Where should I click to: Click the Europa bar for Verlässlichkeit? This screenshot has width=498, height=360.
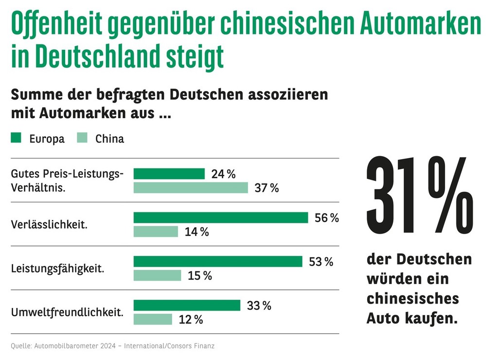point(221,217)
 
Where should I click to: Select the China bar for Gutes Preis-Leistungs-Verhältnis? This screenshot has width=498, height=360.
point(191,188)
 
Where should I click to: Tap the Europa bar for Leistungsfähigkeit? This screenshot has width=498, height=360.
point(218,261)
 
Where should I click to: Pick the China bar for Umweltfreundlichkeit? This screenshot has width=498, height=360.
point(153,319)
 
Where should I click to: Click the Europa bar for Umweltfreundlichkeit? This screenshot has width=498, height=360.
point(187,305)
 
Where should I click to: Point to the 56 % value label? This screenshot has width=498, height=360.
point(327,218)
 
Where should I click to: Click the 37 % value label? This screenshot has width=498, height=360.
point(267,188)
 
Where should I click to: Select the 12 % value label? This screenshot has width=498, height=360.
point(191,320)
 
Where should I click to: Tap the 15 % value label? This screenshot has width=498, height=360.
point(199,276)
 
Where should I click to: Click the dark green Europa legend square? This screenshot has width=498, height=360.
point(16,139)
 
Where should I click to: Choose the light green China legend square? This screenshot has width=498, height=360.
point(82,139)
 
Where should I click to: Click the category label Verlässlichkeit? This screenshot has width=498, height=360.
point(49,225)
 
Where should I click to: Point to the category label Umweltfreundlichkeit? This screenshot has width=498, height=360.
point(67,312)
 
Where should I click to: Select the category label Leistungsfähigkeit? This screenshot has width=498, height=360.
point(57,268)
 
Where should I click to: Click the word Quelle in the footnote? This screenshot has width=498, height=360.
point(20,346)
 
